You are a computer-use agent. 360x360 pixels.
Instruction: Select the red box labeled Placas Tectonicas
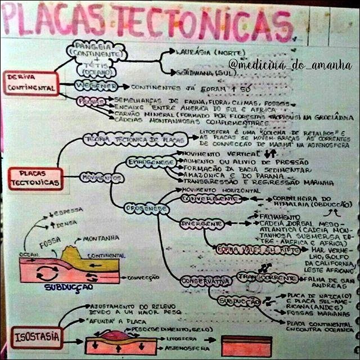click(x=35, y=178)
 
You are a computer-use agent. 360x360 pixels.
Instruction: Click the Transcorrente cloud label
click(x=267, y=277)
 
